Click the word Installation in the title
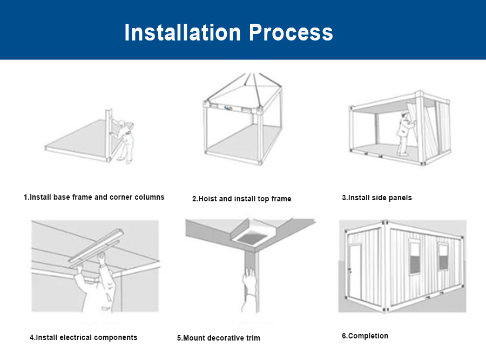[183, 32]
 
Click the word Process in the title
[291, 32]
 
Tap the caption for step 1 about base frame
[94, 197]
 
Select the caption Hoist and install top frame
[241, 199]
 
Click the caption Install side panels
[376, 198]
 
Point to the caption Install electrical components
[83, 337]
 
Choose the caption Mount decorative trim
[218, 338]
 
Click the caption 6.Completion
[364, 336]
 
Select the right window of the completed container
[443, 256]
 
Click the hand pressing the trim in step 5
[248, 281]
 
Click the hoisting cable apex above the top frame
[249, 74]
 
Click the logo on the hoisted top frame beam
[230, 107]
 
